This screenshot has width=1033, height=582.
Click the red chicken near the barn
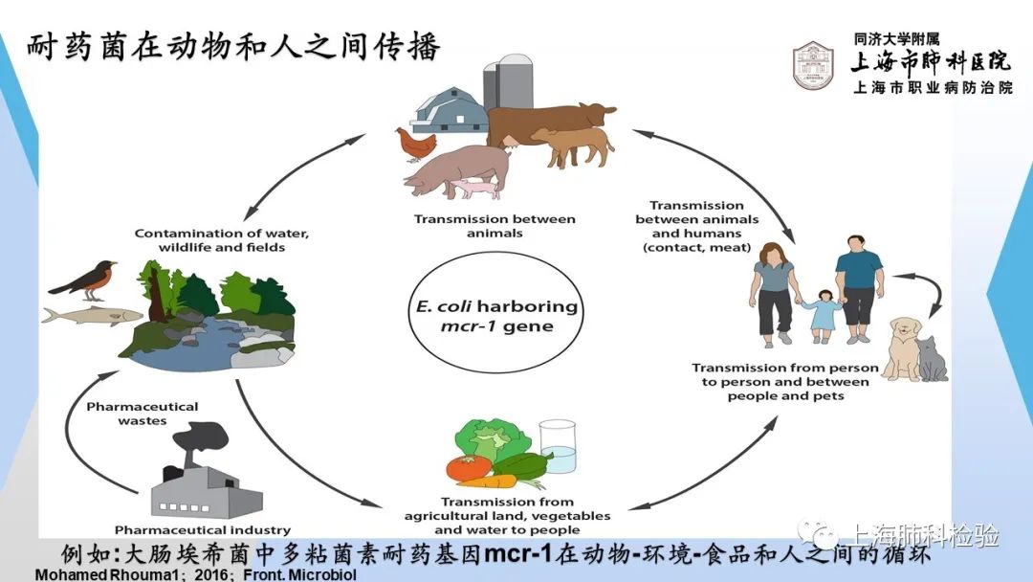click(x=415, y=145)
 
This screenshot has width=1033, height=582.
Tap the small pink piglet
click(x=475, y=190)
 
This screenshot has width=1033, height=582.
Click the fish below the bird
click(x=92, y=316)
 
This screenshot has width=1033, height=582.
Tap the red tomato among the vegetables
click(x=469, y=468)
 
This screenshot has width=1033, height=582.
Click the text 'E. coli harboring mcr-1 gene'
click(x=496, y=316)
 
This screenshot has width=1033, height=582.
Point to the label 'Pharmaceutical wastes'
click(x=143, y=414)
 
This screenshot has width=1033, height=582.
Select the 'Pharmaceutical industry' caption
click(x=202, y=530)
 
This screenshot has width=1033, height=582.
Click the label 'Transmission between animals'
click(x=495, y=225)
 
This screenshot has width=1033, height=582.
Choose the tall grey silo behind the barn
click(x=515, y=80)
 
